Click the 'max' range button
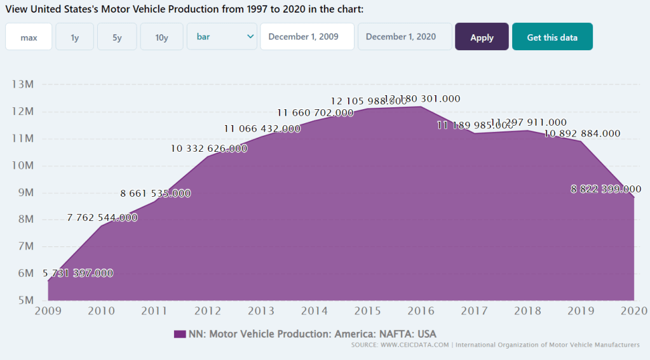point(29,37)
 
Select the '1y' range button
point(75,37)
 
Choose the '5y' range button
point(117,37)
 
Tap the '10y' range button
point(161,37)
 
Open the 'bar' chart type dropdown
point(222,37)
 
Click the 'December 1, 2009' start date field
point(307,37)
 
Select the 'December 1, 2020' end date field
point(405,37)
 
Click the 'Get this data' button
point(552,37)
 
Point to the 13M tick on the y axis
point(23,84)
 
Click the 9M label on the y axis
point(25,192)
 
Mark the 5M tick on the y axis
point(25,300)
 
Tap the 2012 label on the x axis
point(207,310)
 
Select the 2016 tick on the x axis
point(421,310)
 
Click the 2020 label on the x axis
point(633,310)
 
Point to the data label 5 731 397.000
point(78,274)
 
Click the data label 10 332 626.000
point(209,149)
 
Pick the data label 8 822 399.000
point(606,189)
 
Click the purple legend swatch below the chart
point(179,334)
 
